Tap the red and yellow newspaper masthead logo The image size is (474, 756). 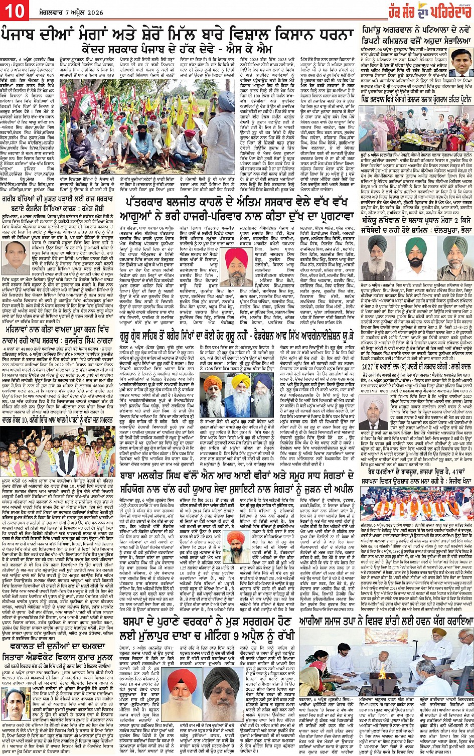point(430,9)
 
